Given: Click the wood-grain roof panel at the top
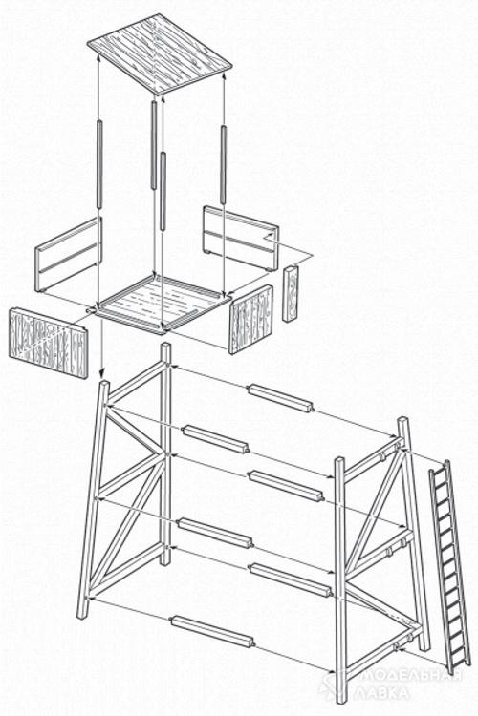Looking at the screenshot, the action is coord(160,53).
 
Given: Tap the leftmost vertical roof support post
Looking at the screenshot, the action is coord(98,164).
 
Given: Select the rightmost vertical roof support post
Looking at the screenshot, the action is coord(223,164).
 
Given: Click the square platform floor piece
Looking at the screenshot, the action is coord(163,304).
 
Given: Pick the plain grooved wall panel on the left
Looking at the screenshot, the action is coord(68,255).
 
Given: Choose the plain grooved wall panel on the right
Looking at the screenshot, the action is coord(241,238).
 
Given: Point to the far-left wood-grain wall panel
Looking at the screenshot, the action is coord(48,343).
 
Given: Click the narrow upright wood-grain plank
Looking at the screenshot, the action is coord(290,294).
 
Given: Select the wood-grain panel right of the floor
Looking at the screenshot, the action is coord(250,319).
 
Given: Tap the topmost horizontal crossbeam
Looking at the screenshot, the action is coord(280,398).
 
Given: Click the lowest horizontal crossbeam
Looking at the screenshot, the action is coord(212,631).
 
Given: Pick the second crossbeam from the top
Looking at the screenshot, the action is coord(215,439).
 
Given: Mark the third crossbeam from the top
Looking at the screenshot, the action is coord(286,485).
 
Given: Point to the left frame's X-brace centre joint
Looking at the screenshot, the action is coord(163,454).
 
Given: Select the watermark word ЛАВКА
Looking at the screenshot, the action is coord(382,694).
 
